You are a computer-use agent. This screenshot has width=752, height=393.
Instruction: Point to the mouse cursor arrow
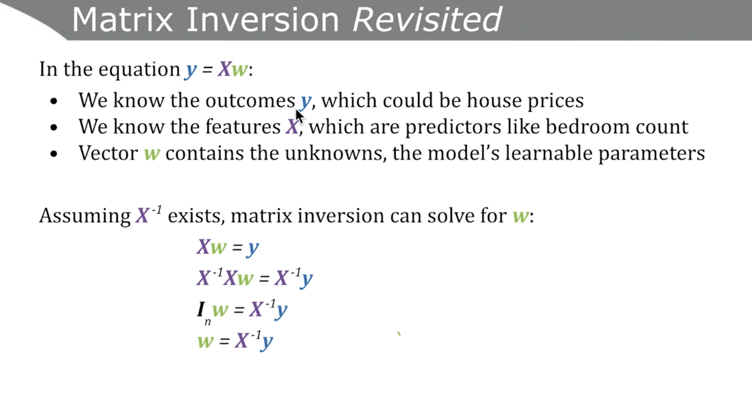(299, 116)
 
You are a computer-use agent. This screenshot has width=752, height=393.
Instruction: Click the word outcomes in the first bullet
(250, 101)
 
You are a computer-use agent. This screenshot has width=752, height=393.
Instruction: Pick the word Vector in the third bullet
(108, 154)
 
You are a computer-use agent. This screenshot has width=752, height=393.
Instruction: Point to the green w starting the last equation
(205, 342)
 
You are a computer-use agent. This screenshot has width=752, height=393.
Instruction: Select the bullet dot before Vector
(54, 154)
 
